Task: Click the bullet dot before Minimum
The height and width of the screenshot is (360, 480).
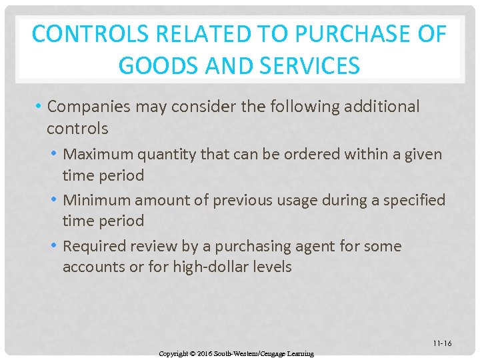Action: tap(55, 200)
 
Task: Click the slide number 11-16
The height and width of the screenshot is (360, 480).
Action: tap(441, 343)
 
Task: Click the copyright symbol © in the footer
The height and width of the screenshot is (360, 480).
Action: tap(191, 353)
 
